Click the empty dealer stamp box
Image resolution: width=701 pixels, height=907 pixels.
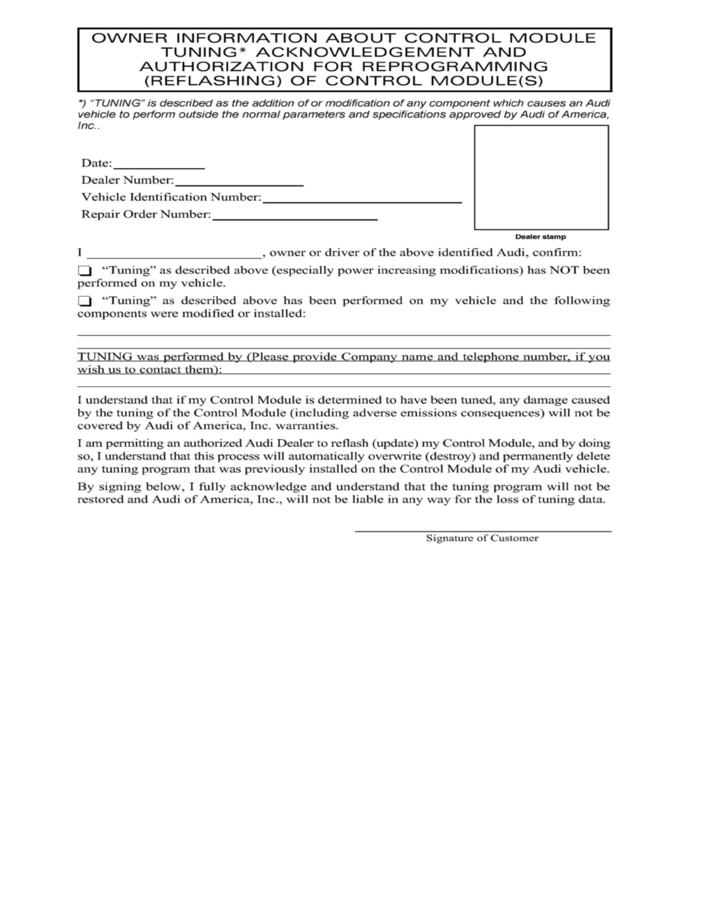541,177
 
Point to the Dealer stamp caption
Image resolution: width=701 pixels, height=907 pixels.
541,237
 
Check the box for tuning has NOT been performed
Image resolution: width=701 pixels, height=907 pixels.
84,271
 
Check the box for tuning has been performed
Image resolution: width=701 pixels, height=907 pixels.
84,301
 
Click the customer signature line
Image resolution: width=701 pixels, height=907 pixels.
483,528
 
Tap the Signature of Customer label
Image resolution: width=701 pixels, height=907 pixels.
482,538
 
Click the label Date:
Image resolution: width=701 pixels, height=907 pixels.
97,163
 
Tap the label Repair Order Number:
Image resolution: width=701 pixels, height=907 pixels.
146,215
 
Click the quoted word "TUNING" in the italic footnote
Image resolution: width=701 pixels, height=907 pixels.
116,102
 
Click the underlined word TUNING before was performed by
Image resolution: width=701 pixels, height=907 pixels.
105,357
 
